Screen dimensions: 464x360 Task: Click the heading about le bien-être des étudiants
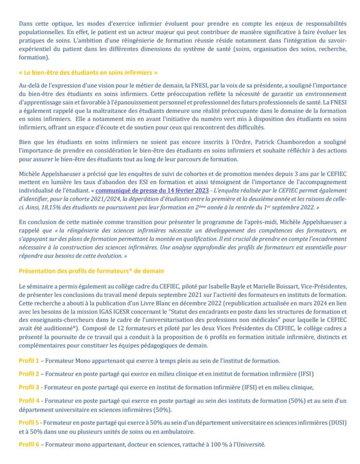[x=88, y=72]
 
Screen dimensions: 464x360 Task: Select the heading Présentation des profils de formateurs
[x=91, y=271]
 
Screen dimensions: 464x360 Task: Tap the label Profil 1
[x=29, y=361]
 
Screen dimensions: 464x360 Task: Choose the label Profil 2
[x=29, y=374]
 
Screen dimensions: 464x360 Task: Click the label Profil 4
[x=29, y=401]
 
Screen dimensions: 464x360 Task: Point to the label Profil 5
[x=29, y=422]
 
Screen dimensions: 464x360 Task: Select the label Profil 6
[x=29, y=445]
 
